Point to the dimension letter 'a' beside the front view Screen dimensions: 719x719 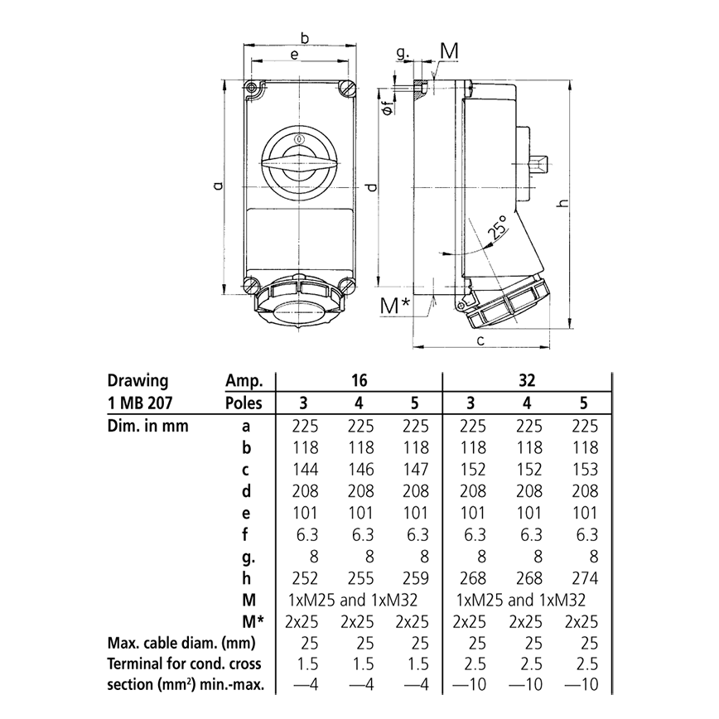pyautogui.click(x=217, y=187)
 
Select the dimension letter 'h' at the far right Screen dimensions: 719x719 pyautogui.click(x=564, y=203)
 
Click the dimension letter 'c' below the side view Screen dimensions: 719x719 pyautogui.click(x=480, y=340)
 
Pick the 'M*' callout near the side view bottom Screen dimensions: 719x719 pyautogui.click(x=394, y=306)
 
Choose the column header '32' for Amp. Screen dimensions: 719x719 pyautogui.click(x=527, y=381)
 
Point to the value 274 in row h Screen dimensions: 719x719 pyautogui.click(x=584, y=577)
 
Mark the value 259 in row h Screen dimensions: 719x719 pyautogui.click(x=415, y=577)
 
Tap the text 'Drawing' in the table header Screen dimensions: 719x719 pyautogui.click(x=138, y=381)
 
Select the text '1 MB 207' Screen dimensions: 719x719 pyautogui.click(x=141, y=403)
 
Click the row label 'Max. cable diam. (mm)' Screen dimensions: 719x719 pyautogui.click(x=178, y=642)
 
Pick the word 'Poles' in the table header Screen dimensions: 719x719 pyautogui.click(x=244, y=403)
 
